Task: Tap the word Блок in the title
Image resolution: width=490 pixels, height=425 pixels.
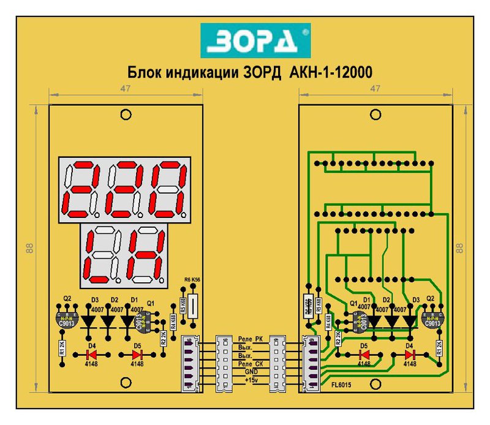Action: coord(142,72)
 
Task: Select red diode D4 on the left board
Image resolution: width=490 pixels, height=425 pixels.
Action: coord(92,354)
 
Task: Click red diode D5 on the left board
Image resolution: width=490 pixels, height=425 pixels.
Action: coord(137,354)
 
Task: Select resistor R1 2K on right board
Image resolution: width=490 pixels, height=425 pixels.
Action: coord(439,349)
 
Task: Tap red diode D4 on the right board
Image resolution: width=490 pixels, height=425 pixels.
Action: coord(409,354)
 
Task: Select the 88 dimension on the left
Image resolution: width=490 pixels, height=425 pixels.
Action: coord(29,247)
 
